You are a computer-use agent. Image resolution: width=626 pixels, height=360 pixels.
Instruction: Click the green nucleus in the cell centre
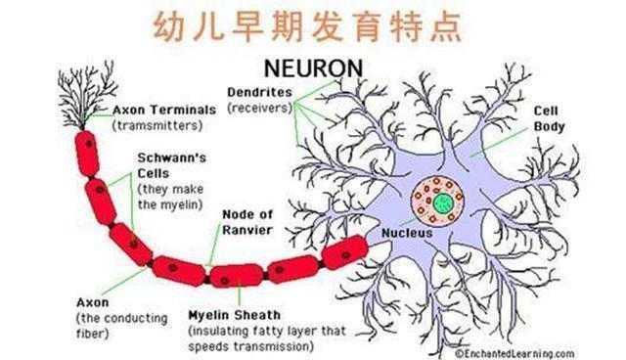pyautogui.click(x=443, y=202)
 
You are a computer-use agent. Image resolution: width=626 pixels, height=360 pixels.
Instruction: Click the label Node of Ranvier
pyautogui.click(x=249, y=222)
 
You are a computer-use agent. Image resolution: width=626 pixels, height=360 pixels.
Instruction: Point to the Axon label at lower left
pyautogui.click(x=90, y=303)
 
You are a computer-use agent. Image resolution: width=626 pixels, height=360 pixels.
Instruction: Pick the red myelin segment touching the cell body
pyautogui.click(x=338, y=253)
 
